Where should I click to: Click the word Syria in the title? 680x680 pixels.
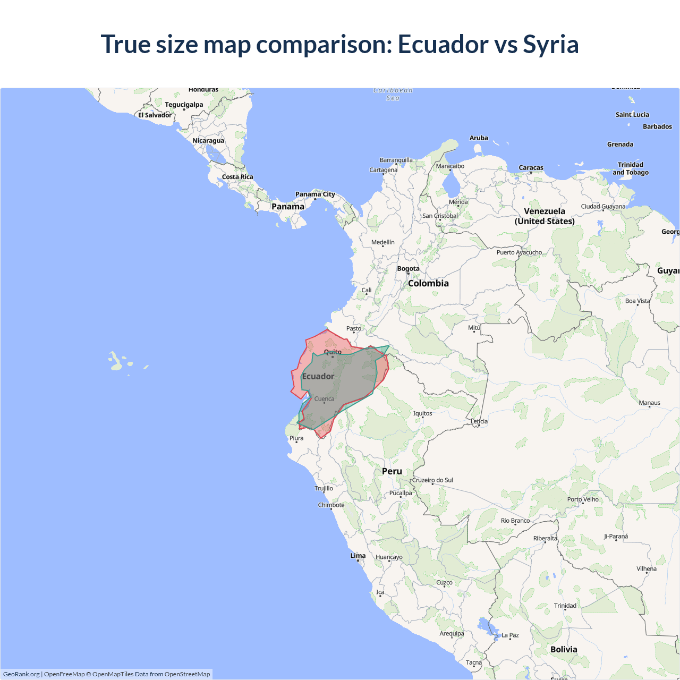(550, 44)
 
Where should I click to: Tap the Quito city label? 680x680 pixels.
(333, 352)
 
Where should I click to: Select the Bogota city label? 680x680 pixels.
(408, 268)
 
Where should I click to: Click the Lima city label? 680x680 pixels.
(358, 556)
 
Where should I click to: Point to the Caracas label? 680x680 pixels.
(531, 167)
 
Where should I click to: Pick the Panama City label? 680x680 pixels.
(315, 194)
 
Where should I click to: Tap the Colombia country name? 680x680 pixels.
(428, 283)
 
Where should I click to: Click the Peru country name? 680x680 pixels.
(392, 471)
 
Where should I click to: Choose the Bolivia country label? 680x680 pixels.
(564, 649)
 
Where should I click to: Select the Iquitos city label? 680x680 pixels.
(422, 413)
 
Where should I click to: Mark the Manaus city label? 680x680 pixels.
(649, 403)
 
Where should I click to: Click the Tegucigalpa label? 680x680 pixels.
(184, 105)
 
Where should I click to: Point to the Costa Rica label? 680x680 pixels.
(237, 177)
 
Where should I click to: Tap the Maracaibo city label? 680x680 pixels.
(450, 166)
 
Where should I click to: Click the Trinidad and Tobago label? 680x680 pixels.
(631, 168)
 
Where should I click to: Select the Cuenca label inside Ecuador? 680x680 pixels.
(324, 398)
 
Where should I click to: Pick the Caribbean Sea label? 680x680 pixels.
(393, 94)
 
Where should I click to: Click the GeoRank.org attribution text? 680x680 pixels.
(21, 674)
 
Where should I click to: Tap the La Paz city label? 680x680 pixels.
(509, 635)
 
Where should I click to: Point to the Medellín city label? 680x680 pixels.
(382, 242)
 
